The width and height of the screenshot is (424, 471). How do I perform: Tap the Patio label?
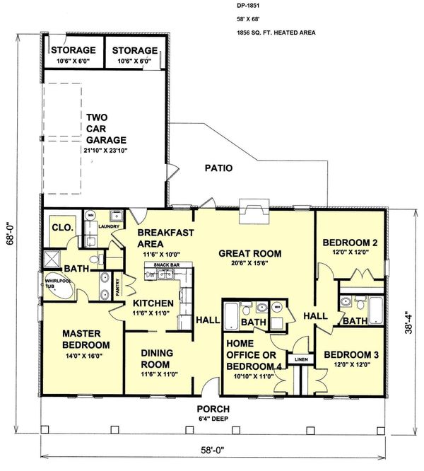pos(218,168)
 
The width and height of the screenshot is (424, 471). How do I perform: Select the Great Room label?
pos(249,253)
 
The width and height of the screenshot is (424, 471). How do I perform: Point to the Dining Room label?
pos(157,358)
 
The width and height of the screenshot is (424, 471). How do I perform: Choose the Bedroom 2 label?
pos(350,243)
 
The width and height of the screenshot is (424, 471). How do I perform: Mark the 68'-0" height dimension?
pos(8,245)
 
